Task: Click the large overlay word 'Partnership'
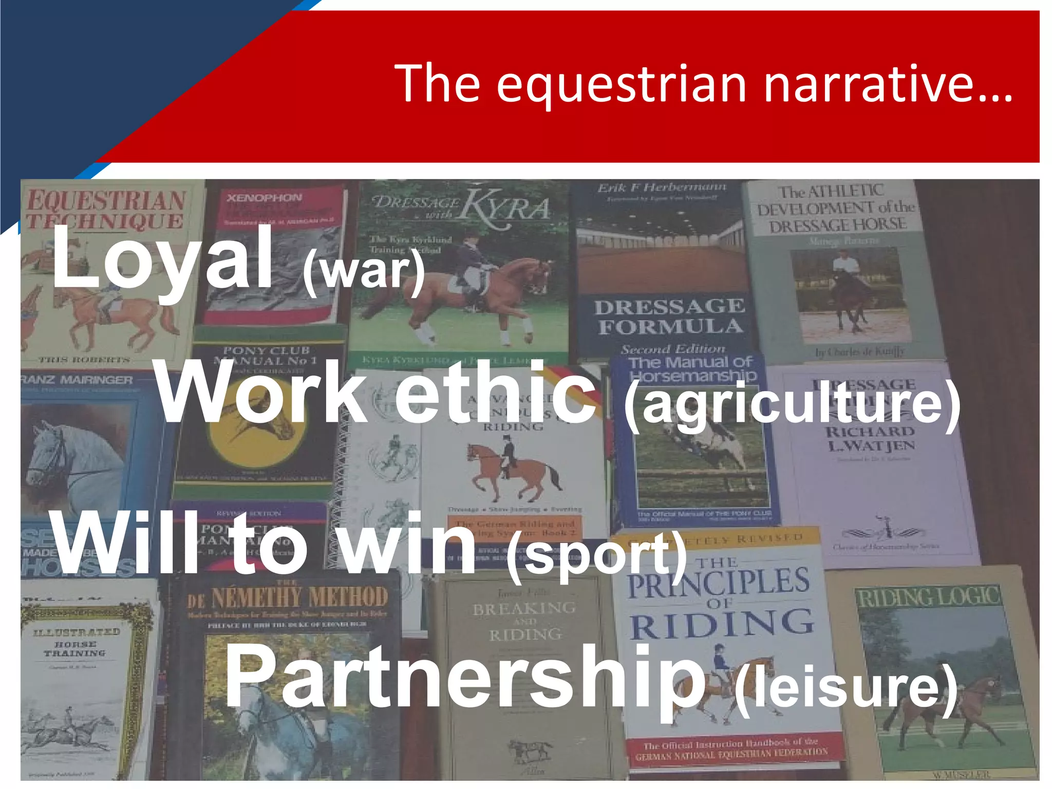click(x=465, y=678)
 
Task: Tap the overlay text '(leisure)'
click(x=846, y=687)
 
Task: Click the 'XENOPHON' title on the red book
click(x=265, y=198)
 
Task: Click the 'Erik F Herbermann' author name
click(x=662, y=187)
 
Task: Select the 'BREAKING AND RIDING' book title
click(x=524, y=622)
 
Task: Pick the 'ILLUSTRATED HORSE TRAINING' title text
click(x=76, y=642)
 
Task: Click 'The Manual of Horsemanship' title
click(x=691, y=369)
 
